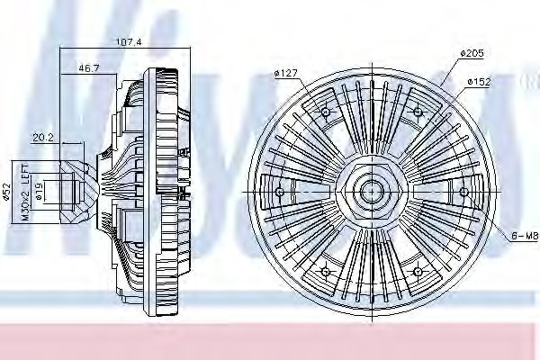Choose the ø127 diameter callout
287,74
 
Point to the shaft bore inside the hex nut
371,191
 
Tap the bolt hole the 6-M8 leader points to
463,191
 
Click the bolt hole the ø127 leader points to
325,112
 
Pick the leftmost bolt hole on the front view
279,191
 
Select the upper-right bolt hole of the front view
417,112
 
